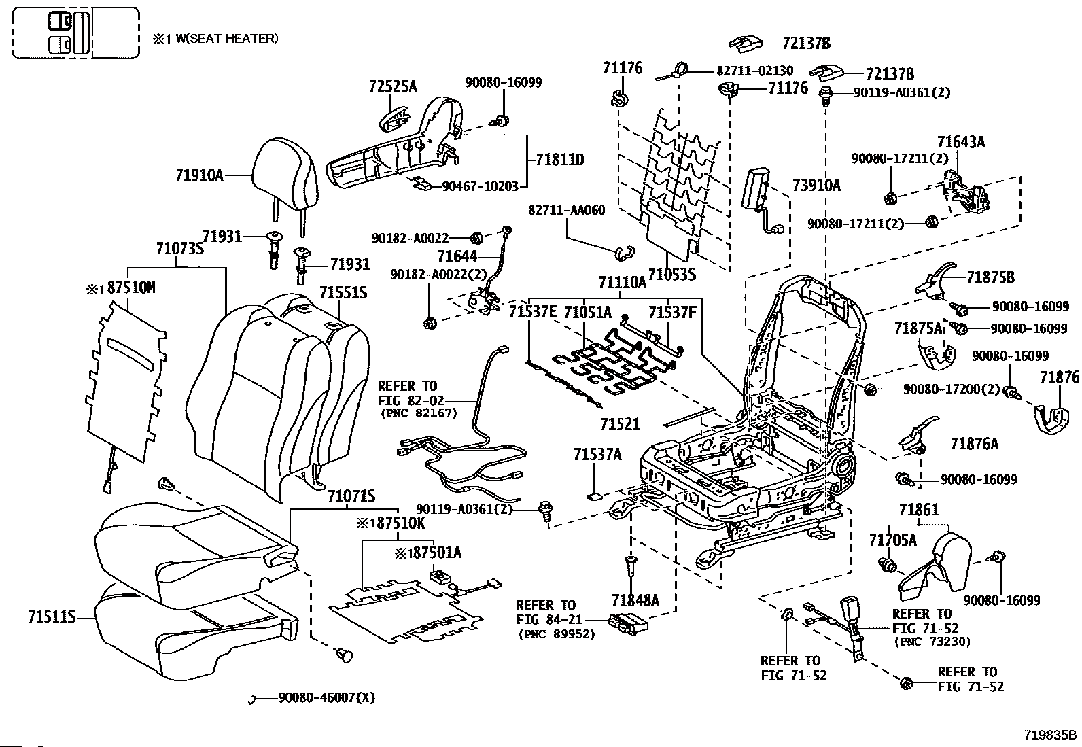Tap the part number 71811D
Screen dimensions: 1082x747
(560, 160)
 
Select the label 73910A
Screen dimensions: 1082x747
(816, 185)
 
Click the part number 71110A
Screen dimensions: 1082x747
(622, 282)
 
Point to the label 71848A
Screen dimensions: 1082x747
(635, 601)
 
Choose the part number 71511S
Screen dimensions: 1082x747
(52, 617)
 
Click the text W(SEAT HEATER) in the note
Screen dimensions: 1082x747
(227, 39)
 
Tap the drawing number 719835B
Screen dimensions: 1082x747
(1050, 735)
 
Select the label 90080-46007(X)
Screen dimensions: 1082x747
(326, 697)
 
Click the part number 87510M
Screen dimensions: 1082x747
(131, 288)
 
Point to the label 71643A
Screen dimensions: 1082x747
(961, 142)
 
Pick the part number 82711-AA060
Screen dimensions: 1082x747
(567, 211)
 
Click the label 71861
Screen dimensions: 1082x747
(919, 510)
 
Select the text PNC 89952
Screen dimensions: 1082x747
(557, 634)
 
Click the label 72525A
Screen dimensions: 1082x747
(393, 86)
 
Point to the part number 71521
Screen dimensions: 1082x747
(621, 424)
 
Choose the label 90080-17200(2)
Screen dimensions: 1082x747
(952, 389)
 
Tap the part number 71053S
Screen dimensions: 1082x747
(672, 275)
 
